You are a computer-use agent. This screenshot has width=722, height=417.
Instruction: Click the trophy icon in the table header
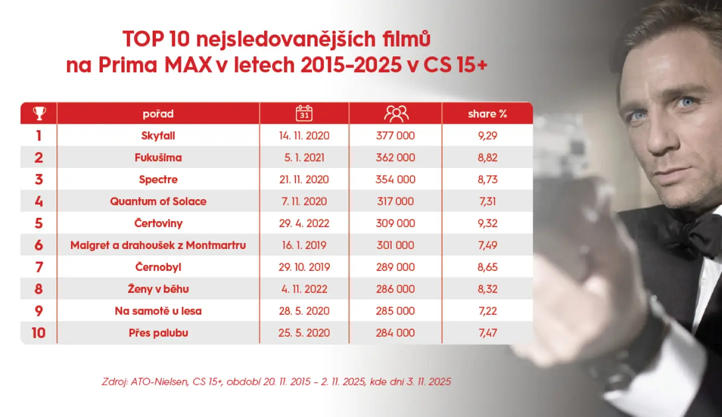[x=39, y=113]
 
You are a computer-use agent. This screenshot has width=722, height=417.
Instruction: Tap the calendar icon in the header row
[x=304, y=113]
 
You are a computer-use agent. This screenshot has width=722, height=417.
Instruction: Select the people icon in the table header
[x=396, y=113]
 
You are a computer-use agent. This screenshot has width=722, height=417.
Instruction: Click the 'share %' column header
[x=487, y=114]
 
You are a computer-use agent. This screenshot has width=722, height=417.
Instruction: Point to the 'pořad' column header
[x=158, y=114]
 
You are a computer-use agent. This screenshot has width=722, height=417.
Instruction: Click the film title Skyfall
[x=158, y=136]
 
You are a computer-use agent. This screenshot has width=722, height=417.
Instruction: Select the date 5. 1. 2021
[x=304, y=158]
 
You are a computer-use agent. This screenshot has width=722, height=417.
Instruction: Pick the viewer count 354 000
[x=395, y=179]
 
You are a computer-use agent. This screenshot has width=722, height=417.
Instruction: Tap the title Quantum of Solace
[x=158, y=201]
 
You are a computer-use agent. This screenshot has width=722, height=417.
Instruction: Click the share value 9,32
[x=487, y=223]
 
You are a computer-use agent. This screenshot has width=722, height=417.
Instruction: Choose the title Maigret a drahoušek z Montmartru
[x=158, y=245]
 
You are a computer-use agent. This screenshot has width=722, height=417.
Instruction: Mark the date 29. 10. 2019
[x=304, y=267]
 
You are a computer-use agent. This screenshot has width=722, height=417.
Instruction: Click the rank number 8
[x=38, y=289]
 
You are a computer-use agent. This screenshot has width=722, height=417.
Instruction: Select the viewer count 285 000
[x=395, y=311]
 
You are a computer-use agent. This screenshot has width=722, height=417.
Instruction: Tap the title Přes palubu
[x=158, y=333]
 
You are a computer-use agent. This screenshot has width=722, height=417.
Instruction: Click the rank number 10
[x=38, y=333]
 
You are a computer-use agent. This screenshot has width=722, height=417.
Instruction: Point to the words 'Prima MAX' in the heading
[x=155, y=66]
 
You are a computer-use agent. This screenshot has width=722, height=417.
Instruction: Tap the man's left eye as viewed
[x=636, y=115]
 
